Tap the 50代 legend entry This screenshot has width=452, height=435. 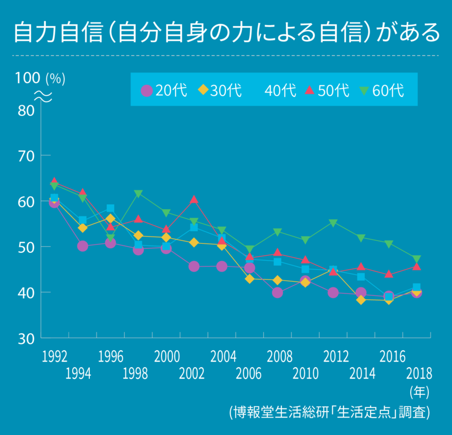(x=327, y=91)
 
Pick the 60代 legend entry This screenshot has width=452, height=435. (x=381, y=91)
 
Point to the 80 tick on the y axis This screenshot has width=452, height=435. (x=27, y=110)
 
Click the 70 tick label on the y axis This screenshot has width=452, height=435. (x=27, y=156)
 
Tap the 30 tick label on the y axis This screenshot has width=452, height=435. (x=27, y=338)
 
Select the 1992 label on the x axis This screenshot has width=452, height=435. (x=55, y=356)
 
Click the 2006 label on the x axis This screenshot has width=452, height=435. (x=249, y=373)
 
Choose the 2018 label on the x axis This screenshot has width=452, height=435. (x=418, y=373)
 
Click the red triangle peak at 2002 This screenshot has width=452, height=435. (x=194, y=199)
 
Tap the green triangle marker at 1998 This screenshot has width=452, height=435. (x=138, y=195)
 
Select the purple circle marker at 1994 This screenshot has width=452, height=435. (x=82, y=246)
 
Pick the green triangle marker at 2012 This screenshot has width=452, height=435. (x=333, y=223)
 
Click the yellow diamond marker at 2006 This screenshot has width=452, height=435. (x=250, y=279)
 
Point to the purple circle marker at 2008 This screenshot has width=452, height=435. (x=277, y=292)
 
